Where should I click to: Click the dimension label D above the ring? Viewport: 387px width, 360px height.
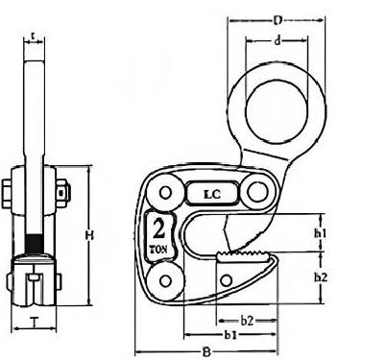pos(278,20)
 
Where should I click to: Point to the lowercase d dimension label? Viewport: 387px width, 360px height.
pos(278,40)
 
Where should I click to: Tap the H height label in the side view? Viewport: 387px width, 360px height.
pos(89,236)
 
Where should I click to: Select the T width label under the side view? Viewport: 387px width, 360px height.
pos(35,322)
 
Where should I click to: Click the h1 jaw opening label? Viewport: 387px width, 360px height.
pos(320,233)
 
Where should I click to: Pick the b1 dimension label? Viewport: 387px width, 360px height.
pos(230,335)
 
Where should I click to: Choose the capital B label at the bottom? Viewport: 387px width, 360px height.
pos(206,352)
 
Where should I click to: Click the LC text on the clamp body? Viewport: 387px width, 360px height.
pos(212,194)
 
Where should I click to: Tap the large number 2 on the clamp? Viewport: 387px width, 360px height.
pos(158,229)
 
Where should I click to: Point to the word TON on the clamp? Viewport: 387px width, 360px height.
pos(158,250)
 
